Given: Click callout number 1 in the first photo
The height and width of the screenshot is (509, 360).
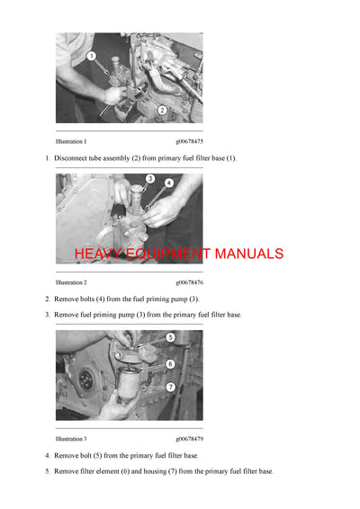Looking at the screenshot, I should point(92,56).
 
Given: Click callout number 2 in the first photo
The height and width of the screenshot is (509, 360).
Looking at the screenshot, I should point(161,110).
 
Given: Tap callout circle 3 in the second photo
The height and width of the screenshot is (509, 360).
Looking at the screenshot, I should point(150,179).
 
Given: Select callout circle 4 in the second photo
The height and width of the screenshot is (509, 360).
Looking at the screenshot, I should point(169,183).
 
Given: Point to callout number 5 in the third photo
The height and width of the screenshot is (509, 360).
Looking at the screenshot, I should point(170,337).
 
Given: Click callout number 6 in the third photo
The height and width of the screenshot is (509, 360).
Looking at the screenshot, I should point(170,364).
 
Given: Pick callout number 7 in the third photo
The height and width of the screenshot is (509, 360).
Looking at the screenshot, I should point(170,386).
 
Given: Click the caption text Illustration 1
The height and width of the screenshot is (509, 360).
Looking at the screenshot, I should point(71,141).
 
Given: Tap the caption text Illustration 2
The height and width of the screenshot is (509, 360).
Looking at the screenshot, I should point(71,281).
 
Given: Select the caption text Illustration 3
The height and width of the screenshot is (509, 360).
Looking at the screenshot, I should point(71,439).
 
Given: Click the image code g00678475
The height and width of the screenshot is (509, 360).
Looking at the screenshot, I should point(189,141).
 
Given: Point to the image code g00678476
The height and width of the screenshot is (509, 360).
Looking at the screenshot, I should point(189,281).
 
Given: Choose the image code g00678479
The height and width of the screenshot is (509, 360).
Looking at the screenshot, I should point(189,439).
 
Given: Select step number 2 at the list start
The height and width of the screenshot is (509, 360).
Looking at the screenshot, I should point(48,299).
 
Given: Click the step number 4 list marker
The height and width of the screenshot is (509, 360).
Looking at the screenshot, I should point(48,456).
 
